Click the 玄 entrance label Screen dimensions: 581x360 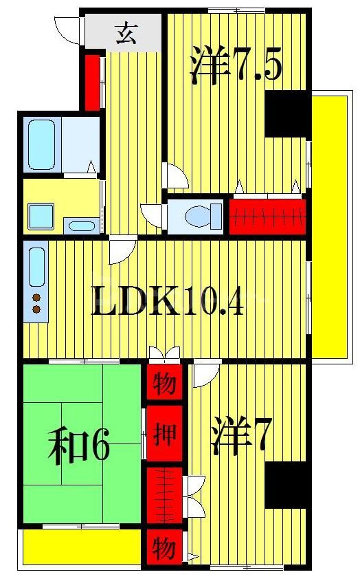(125, 32)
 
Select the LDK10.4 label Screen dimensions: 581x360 (168, 301)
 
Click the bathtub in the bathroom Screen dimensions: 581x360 (41, 144)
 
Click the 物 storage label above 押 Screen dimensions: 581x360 (164, 383)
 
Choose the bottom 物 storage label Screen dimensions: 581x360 (164, 548)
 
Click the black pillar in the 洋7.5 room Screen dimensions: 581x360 (287, 113)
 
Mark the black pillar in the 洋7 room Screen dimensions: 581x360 (286, 485)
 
